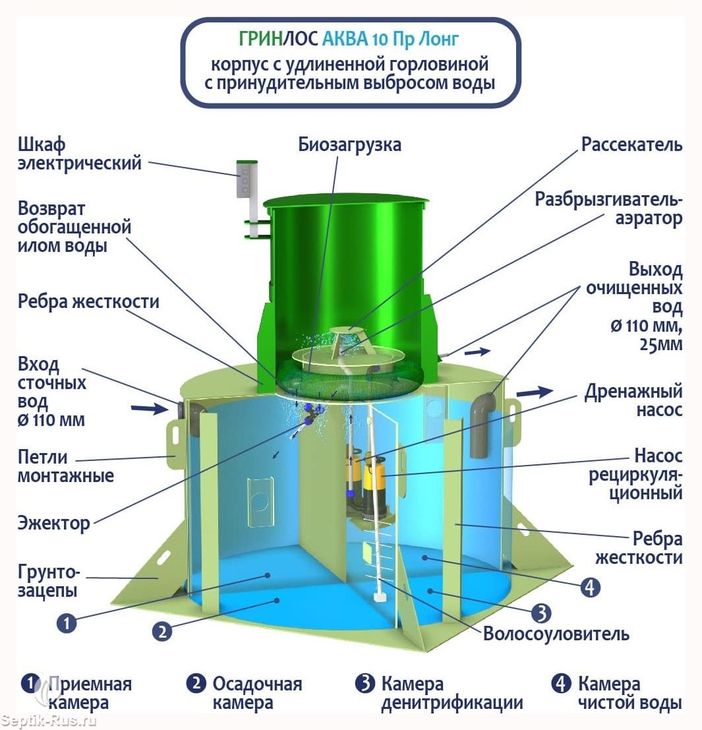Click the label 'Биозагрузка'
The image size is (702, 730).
pyautogui.click(x=349, y=144)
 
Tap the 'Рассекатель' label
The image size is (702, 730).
pyautogui.click(x=631, y=144)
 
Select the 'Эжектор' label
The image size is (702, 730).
pyautogui.click(x=53, y=524)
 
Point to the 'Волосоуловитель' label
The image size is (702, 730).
pyautogui.click(x=556, y=634)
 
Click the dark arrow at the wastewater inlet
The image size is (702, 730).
pyautogui.click(x=150, y=410)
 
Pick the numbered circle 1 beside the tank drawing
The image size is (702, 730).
pyautogui.click(x=67, y=623)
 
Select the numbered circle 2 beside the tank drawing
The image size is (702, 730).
pyautogui.click(x=162, y=631)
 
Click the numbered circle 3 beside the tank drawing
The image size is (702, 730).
pyautogui.click(x=541, y=613)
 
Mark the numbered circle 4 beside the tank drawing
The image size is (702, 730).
pyautogui.click(x=590, y=586)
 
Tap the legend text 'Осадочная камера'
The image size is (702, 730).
pyautogui.click(x=256, y=693)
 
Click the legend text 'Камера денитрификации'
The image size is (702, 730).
pyautogui.click(x=452, y=693)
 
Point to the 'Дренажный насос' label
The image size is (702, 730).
pyautogui.click(x=633, y=401)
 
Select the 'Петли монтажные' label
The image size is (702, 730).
pyautogui.click(x=65, y=466)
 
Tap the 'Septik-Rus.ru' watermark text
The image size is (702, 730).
pyautogui.click(x=49, y=721)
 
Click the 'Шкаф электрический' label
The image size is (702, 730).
pyautogui.click(x=79, y=154)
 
